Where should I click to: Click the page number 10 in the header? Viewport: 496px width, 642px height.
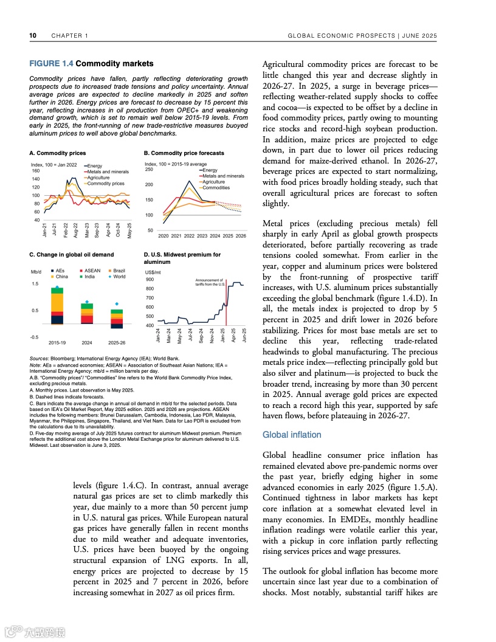click(33, 36)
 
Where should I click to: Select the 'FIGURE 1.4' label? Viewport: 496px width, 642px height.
click(51, 64)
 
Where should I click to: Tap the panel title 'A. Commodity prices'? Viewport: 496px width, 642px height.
click(58, 153)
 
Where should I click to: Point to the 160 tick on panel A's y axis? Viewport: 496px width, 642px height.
click(36, 171)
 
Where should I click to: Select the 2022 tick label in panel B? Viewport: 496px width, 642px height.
click(189, 235)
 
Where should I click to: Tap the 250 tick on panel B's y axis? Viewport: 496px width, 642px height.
click(149, 170)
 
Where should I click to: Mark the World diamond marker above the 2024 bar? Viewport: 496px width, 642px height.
click(88, 302)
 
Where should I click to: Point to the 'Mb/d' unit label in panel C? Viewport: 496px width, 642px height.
click(36, 271)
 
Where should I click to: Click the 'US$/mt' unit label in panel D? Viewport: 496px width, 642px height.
click(153, 272)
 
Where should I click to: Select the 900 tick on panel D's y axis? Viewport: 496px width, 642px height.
click(150, 280)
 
